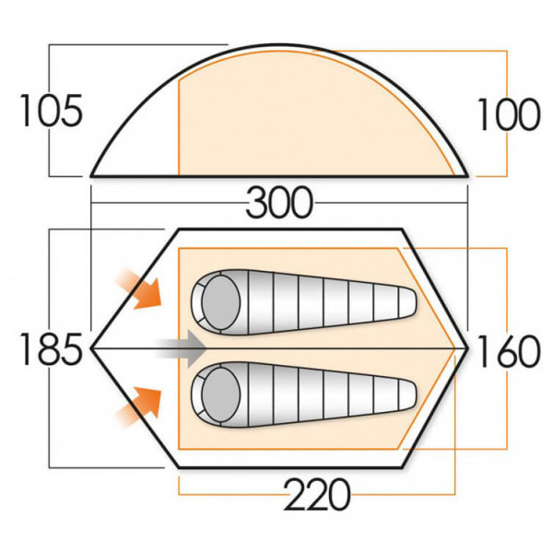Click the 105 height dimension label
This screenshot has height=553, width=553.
[51, 112]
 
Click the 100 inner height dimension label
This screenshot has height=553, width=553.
[507, 115]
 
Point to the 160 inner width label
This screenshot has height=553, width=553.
[506, 350]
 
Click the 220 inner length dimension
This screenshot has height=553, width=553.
[318, 495]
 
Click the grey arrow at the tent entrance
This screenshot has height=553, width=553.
[180, 348]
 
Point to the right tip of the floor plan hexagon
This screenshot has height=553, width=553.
[470, 348]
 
